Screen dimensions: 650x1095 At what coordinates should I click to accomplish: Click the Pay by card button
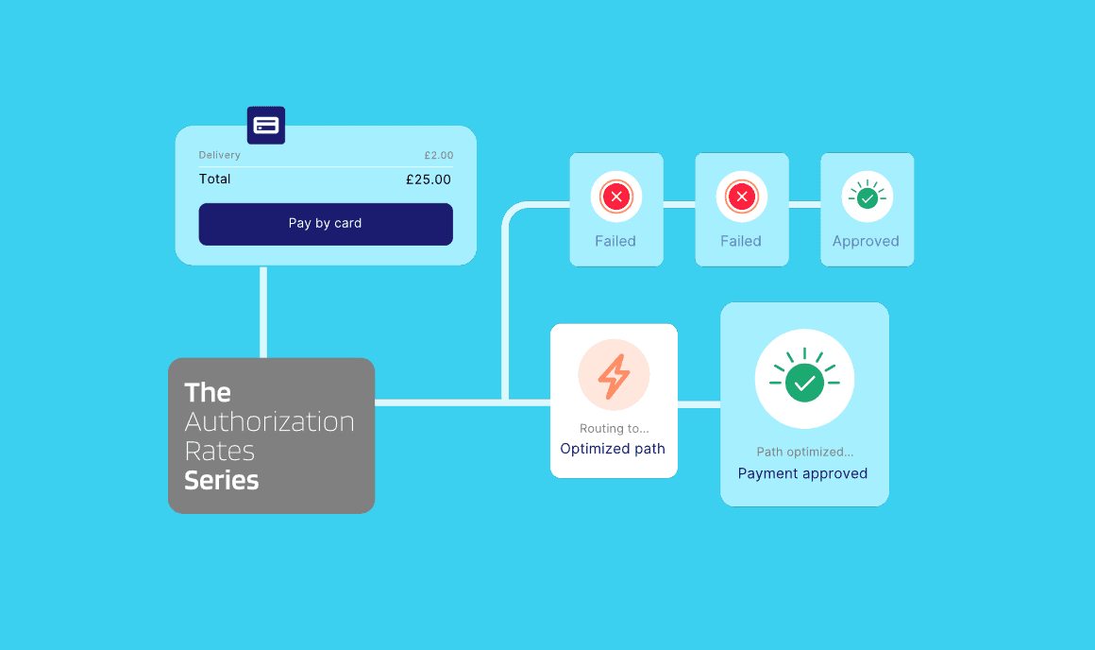coord(325,224)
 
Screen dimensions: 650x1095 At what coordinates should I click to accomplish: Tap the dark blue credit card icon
coord(266,125)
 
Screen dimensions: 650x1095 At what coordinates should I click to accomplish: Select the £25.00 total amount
coord(428,180)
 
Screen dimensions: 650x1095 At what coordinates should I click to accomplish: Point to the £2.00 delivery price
coord(438,155)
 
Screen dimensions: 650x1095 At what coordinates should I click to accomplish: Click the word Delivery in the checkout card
coord(219,155)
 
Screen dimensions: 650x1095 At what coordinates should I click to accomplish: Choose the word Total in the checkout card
coord(214,180)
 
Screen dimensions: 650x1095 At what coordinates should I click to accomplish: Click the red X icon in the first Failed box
coord(616,197)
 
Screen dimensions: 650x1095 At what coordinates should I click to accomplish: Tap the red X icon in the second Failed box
coord(742,197)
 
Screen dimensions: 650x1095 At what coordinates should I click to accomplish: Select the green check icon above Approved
coord(867,197)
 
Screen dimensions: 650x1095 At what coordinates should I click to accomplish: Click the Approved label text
coord(866,241)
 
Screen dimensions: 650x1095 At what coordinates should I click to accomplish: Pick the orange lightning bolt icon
coord(614,376)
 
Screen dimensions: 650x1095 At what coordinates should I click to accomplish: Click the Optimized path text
coord(613,449)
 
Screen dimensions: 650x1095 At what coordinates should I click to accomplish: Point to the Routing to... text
coord(614,429)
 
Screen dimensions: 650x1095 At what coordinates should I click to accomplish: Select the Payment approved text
coord(802,473)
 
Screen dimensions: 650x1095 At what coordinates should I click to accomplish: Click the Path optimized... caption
coord(804,453)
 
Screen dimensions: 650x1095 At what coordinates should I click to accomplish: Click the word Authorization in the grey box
coord(269,421)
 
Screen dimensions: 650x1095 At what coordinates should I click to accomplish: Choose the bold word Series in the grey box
coord(221,480)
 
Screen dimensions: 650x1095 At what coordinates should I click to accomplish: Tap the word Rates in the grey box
coord(220,451)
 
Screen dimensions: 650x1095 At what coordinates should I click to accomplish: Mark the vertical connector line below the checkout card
coord(263,312)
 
